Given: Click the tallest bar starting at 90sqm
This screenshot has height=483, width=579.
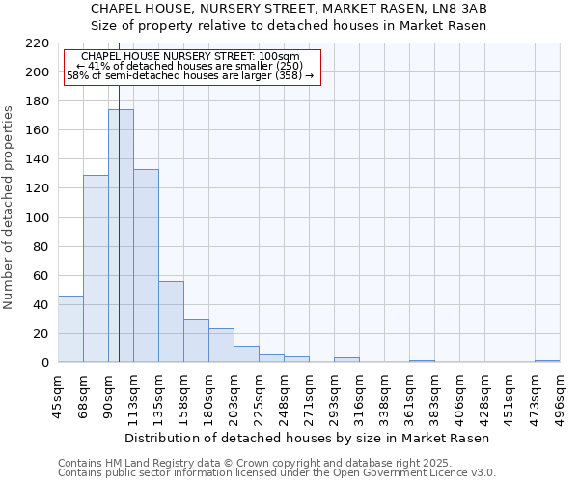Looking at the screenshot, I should coord(121,237).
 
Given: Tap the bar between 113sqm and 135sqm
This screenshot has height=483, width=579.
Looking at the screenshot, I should coord(146,266).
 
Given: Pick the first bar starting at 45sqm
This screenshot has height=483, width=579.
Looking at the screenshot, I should coord(70,329).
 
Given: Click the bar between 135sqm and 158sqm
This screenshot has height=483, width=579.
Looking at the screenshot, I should coord(171,322).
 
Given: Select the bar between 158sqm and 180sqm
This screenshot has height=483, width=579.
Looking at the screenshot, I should coord(196,341).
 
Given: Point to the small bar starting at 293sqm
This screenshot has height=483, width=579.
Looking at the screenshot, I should coord(346,360).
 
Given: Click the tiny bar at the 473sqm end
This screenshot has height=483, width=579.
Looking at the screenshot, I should coord(547,361).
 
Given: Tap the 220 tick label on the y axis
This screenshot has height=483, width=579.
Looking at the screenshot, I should coord(38,43).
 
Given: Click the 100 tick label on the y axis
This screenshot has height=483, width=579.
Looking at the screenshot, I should coord(38,218).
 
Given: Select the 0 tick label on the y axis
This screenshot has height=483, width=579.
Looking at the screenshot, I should coord(44,363).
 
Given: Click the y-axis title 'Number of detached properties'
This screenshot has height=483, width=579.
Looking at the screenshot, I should coord(9,208).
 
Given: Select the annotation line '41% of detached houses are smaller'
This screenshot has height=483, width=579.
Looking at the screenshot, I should coord(189,66).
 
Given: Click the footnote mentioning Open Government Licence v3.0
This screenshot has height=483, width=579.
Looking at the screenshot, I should coord(277,473).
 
